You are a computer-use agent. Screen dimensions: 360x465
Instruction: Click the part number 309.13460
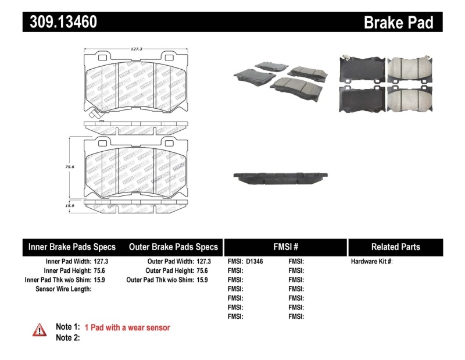tap(60, 22)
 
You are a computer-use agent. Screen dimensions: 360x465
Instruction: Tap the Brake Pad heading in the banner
tap(398, 22)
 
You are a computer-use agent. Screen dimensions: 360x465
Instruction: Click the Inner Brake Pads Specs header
tap(72, 247)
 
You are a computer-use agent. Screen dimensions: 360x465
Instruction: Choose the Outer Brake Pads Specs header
tap(173, 247)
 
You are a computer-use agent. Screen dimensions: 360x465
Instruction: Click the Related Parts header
tap(395, 247)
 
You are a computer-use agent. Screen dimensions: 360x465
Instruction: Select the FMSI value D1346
tap(255, 262)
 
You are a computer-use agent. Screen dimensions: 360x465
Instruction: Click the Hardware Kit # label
tap(372, 262)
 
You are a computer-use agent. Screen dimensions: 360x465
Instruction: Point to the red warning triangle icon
tap(39, 330)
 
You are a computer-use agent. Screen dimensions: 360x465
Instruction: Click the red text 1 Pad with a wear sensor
tap(127, 328)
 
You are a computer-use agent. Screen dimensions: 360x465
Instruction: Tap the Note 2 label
tap(67, 337)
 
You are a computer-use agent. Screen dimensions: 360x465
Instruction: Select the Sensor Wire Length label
tap(63, 288)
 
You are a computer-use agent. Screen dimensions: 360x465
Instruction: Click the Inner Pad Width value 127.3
tap(101, 262)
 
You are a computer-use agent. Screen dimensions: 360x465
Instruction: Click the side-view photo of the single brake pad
tap(281, 177)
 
